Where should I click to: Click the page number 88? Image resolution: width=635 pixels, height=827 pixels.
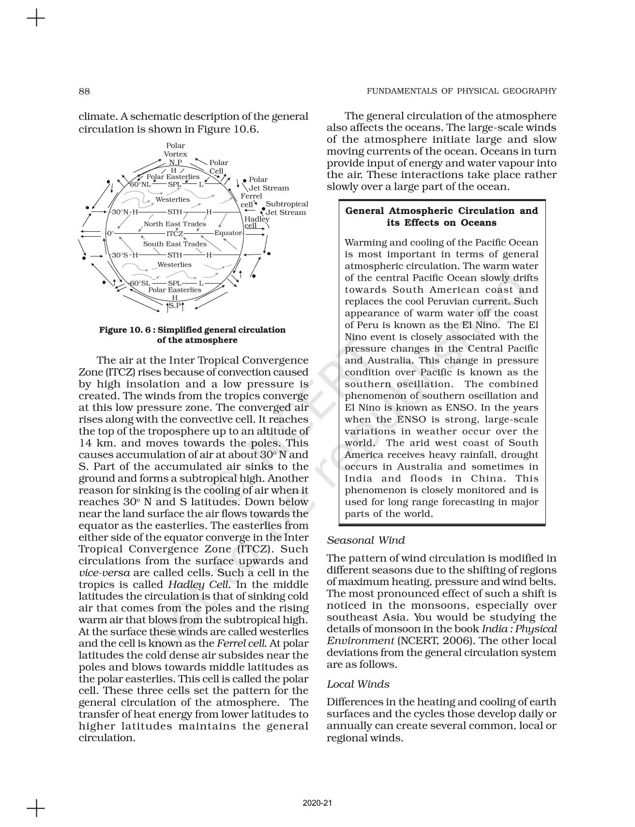(x=84, y=91)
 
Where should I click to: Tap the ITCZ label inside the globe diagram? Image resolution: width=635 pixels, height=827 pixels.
(x=175, y=233)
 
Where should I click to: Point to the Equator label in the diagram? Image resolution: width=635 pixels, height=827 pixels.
(x=228, y=233)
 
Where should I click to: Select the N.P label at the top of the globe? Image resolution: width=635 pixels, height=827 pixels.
(x=175, y=163)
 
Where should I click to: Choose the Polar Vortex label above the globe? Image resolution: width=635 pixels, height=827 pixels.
(x=175, y=150)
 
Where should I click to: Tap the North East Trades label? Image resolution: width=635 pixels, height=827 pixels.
(x=175, y=224)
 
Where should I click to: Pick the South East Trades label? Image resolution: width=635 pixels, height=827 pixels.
(x=175, y=244)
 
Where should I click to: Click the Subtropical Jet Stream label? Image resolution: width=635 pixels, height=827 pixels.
(x=287, y=208)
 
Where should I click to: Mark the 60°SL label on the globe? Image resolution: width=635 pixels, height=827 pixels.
(x=140, y=283)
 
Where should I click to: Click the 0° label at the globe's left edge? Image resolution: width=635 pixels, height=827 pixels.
(x=110, y=233)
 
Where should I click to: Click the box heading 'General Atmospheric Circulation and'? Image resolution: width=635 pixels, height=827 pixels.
(x=441, y=211)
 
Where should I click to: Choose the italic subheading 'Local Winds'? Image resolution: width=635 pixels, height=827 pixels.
(x=358, y=684)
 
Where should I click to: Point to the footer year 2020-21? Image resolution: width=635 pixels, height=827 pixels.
(x=317, y=803)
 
